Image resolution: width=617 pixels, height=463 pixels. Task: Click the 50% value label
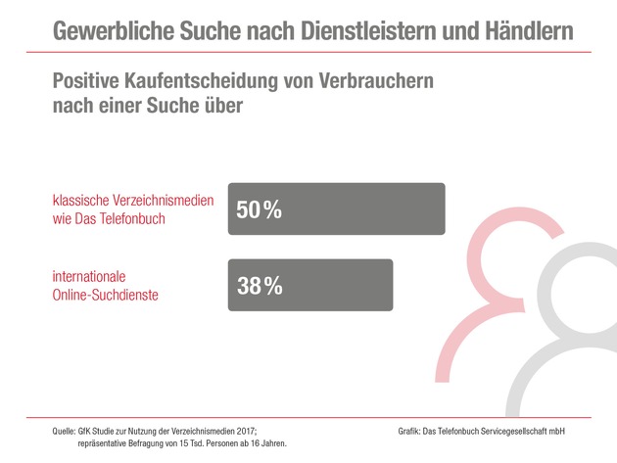(x=260, y=208)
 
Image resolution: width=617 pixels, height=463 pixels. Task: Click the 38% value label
(x=260, y=285)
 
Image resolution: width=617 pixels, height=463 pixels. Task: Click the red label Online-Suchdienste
(x=107, y=295)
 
